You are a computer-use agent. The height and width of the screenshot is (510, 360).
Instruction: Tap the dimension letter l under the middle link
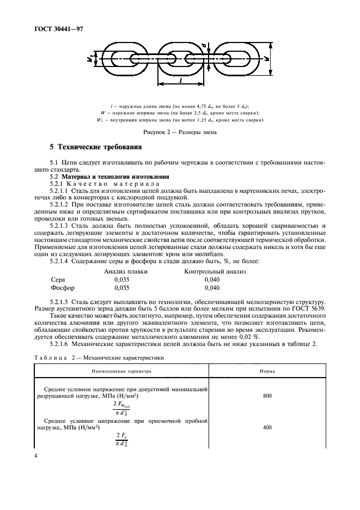point(180,80)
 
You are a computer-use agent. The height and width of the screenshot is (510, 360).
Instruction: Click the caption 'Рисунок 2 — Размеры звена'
point(180,132)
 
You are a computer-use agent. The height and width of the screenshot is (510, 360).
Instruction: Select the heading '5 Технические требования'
point(96,147)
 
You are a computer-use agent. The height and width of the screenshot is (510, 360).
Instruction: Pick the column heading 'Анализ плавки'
point(125,271)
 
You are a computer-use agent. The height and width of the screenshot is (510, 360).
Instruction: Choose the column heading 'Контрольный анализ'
point(215,271)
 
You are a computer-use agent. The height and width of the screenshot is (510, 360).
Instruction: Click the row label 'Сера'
point(58,279)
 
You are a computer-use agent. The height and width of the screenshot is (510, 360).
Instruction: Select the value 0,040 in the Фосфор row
point(212,287)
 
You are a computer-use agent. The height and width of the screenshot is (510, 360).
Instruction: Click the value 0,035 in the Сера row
point(123,279)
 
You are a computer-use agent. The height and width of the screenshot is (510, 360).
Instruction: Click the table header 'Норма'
point(266,371)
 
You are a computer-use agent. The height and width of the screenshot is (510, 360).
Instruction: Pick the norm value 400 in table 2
point(266,428)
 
